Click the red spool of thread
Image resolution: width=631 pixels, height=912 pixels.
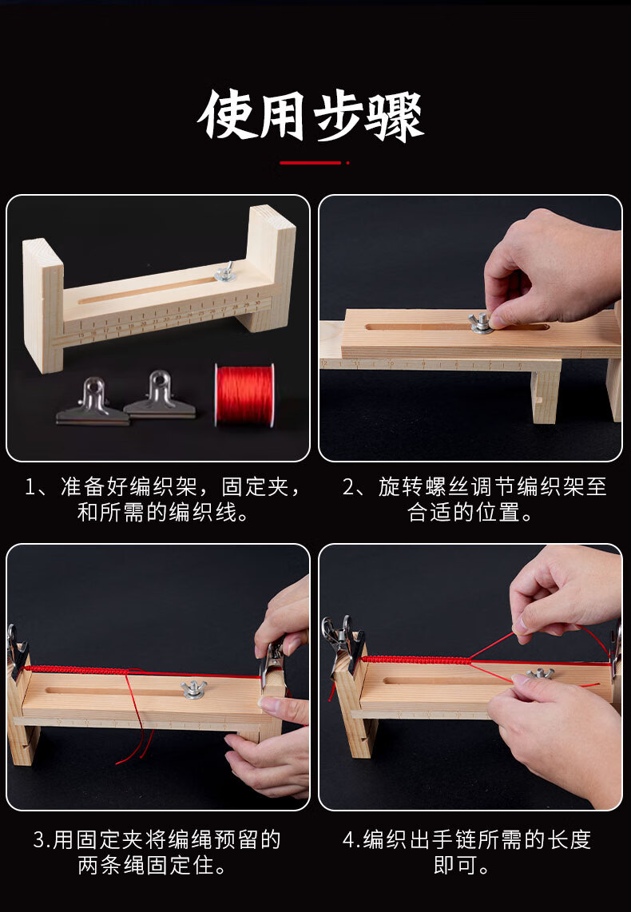[244, 395]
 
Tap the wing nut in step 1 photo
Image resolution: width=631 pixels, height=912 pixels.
[226, 272]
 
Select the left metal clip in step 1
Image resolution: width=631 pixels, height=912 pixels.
[93, 402]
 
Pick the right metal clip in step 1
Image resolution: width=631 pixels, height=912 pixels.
[160, 395]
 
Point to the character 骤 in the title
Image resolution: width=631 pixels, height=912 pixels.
[395, 115]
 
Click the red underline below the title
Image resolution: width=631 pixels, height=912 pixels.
[311, 163]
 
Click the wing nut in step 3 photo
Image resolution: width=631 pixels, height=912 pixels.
[193, 689]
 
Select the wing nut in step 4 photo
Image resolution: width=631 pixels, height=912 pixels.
[540, 675]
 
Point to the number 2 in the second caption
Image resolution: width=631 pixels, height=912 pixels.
[348, 487]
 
